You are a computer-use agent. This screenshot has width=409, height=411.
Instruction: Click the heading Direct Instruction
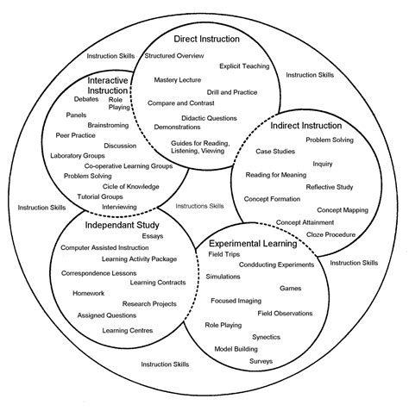[x=206, y=39]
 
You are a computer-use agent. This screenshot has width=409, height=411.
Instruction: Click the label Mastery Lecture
[x=178, y=80]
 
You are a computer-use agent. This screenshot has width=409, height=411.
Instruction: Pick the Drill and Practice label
[x=230, y=91]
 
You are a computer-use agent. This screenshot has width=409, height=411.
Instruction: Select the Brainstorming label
[x=108, y=125]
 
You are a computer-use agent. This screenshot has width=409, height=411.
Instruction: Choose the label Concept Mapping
[x=342, y=209]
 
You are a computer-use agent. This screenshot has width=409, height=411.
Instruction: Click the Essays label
[x=148, y=235]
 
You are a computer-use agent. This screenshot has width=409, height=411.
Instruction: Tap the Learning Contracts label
[x=157, y=282]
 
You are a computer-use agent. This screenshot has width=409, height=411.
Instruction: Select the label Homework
[x=88, y=292]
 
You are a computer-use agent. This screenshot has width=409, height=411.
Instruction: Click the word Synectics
[x=266, y=336]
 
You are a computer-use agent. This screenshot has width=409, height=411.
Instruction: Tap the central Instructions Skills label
[x=199, y=206]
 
